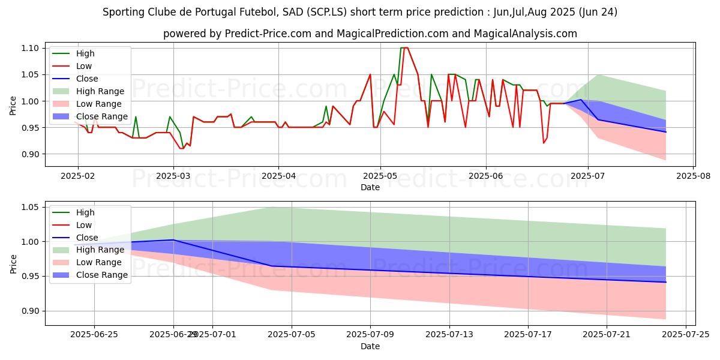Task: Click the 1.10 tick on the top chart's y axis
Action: [x=31, y=48]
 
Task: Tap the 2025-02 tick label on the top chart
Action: [x=77, y=176]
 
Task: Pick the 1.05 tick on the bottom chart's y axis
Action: [x=31, y=208]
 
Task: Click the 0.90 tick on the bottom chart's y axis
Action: [x=31, y=311]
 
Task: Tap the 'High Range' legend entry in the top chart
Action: [x=100, y=91]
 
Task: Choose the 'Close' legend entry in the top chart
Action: [x=87, y=79]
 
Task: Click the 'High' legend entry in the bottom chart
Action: [x=85, y=212]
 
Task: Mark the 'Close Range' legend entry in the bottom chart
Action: [x=101, y=275]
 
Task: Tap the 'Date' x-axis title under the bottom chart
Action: [x=370, y=346]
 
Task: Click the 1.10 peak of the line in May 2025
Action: [x=404, y=48]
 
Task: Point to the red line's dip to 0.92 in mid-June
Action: [x=544, y=143]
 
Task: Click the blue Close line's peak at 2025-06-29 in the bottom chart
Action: [x=173, y=240]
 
